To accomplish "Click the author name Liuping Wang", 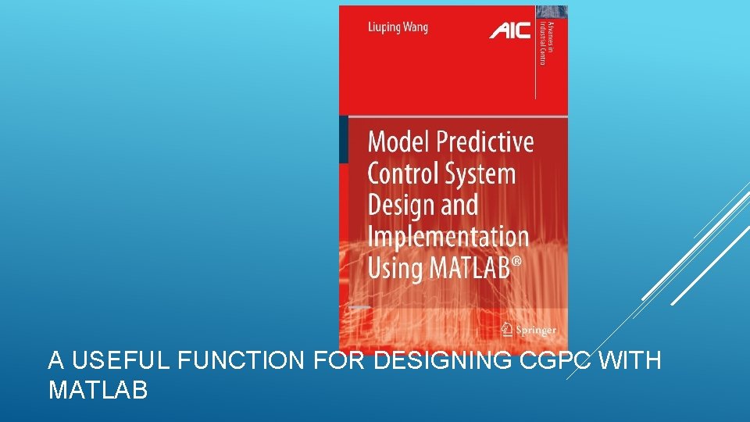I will [x=398, y=28].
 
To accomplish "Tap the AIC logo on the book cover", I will [x=509, y=30].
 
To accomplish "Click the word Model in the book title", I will [x=398, y=142].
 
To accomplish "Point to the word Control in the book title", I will [x=403, y=173].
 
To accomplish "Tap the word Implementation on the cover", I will [x=448, y=237].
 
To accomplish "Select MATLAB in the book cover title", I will [x=466, y=268].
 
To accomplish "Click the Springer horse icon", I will [x=507, y=328].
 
